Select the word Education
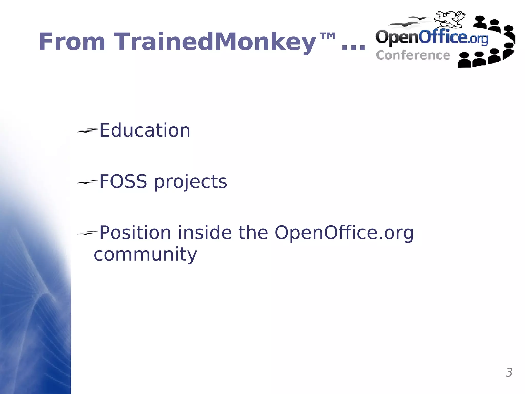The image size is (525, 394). pos(145,130)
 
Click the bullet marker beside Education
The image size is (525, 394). pos(87,131)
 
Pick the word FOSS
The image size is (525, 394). pos(123,181)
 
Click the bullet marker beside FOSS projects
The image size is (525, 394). pos(87,182)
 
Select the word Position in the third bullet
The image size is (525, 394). pos(135,233)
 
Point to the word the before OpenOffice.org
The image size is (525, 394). pos(253,233)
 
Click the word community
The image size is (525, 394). pos(145,255)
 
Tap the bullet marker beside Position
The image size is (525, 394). pos(87,233)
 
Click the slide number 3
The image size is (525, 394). pos(509,372)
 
